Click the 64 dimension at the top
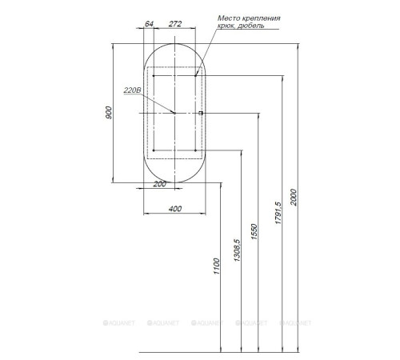[x=150, y=23]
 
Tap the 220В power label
[x=132, y=90]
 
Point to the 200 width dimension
[x=159, y=185]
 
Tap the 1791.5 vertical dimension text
[x=278, y=214]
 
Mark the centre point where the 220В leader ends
[x=174, y=114]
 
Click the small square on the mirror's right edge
[x=201, y=114]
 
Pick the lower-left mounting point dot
[x=152, y=150]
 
